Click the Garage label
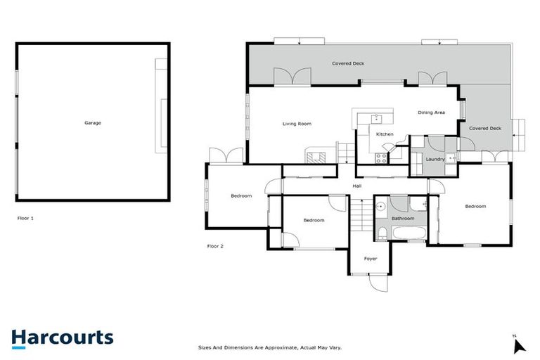pos(93,123)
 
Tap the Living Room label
pos(297,124)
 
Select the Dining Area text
pos(431,112)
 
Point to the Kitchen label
pos(385,134)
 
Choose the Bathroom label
pos(403,218)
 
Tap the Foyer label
pos(371,259)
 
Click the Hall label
pos(357,186)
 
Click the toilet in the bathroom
pos(381,233)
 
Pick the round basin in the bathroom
pos(379,207)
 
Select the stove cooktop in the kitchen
pos(380,157)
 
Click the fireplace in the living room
pos(315,156)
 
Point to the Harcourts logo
pos(62,337)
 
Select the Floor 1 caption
pos(26,219)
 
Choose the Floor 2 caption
pos(215,246)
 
